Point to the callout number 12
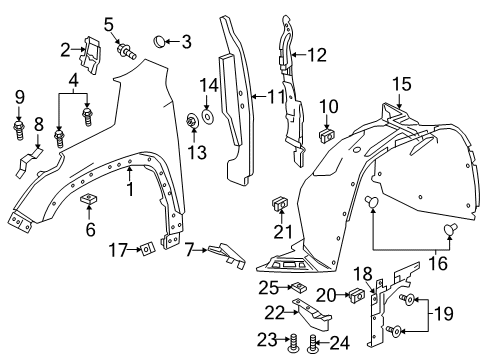pos(317,54)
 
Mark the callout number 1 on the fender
pos(128,189)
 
